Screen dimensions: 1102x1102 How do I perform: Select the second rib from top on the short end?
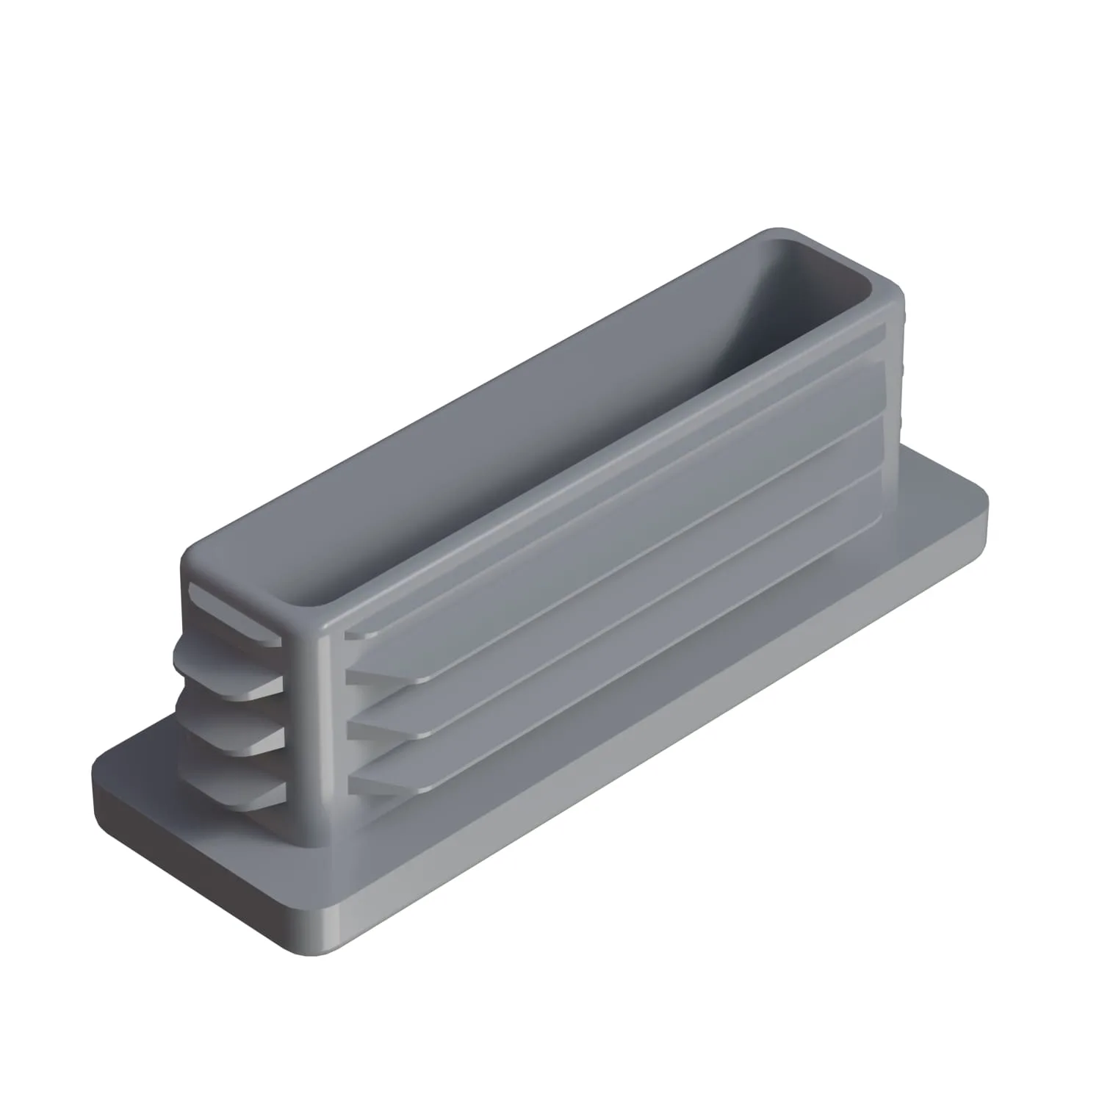[x=228, y=665]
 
